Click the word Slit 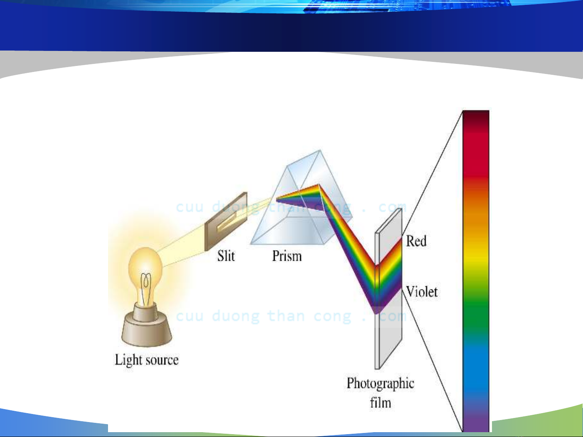tap(226, 256)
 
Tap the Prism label tap(287, 256)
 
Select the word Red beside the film tap(416, 241)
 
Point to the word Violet tap(422, 292)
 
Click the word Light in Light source tap(129, 360)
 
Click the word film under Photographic tap(381, 403)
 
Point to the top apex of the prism tap(320, 150)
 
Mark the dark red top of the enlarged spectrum tap(476, 119)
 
